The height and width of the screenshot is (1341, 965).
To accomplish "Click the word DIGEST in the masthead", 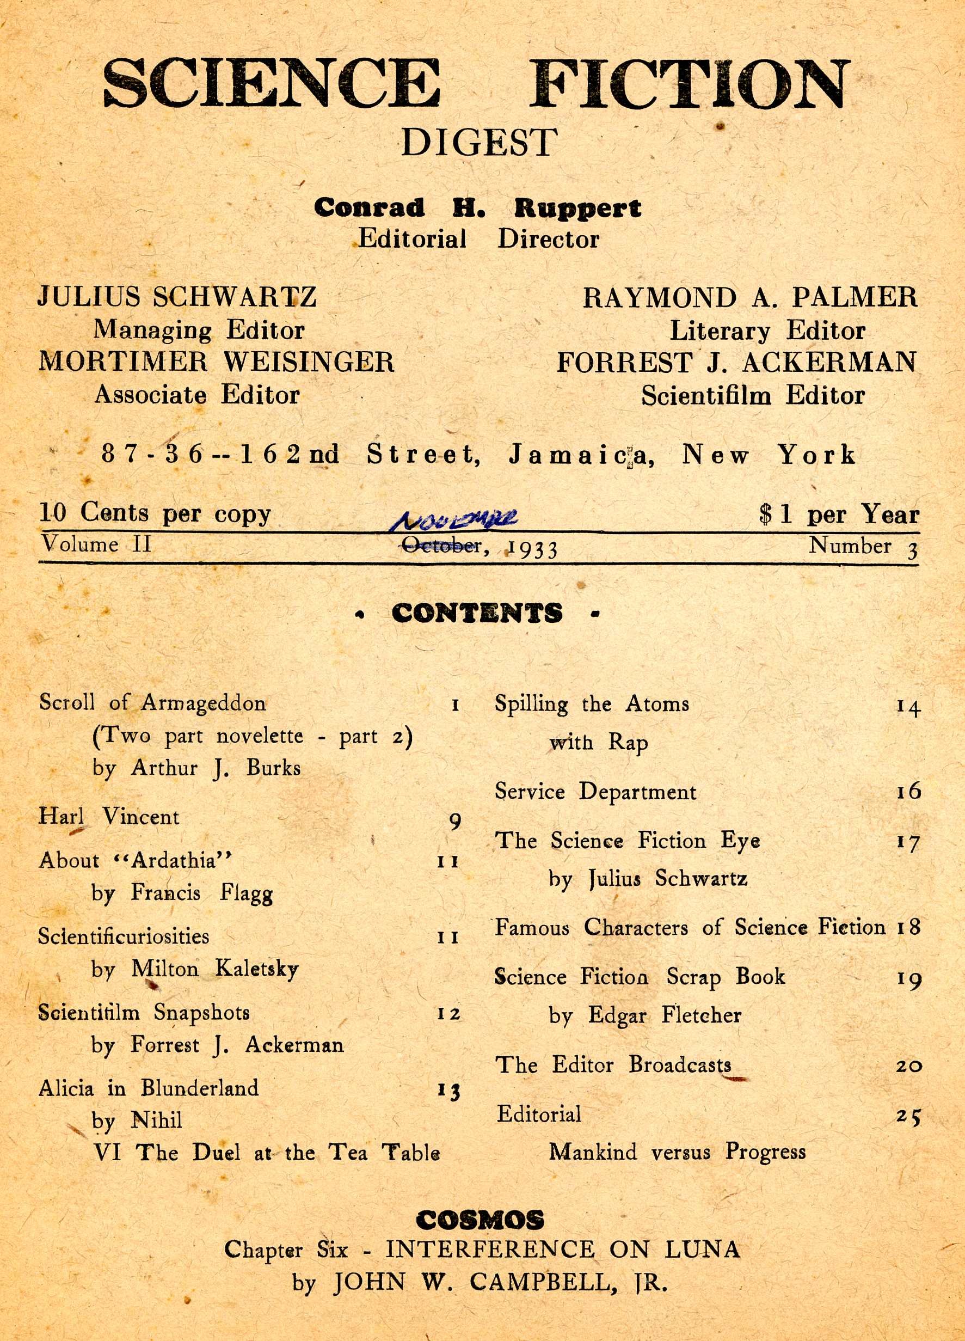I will pyautogui.click(x=478, y=143).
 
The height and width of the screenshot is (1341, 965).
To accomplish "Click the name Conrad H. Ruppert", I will pyautogui.click(x=477, y=207).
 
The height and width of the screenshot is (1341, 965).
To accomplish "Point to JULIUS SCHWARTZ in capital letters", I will pyautogui.click(x=177, y=297).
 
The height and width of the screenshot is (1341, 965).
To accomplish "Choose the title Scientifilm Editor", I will pyautogui.click(x=753, y=396).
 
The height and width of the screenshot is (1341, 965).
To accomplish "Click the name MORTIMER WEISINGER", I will pyautogui.click(x=216, y=362).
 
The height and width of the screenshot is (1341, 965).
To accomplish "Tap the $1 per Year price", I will pyautogui.click(x=839, y=515).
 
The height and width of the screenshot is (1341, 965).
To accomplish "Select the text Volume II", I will pyautogui.click(x=96, y=544).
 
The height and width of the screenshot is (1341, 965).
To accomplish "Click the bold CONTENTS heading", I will pyautogui.click(x=477, y=613).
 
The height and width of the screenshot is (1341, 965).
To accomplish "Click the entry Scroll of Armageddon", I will pyautogui.click(x=152, y=703).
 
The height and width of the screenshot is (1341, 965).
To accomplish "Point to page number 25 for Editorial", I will pyautogui.click(x=908, y=1116).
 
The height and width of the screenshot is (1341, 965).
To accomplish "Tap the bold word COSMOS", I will pyautogui.click(x=480, y=1220).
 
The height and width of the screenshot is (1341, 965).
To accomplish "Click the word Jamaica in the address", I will pyautogui.click(x=581, y=455).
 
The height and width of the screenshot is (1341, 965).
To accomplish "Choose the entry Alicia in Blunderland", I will pyautogui.click(x=149, y=1088).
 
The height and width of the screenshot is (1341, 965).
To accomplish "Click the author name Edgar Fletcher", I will pyautogui.click(x=664, y=1015).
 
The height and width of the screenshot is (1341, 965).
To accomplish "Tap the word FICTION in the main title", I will pyautogui.click(x=689, y=84).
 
